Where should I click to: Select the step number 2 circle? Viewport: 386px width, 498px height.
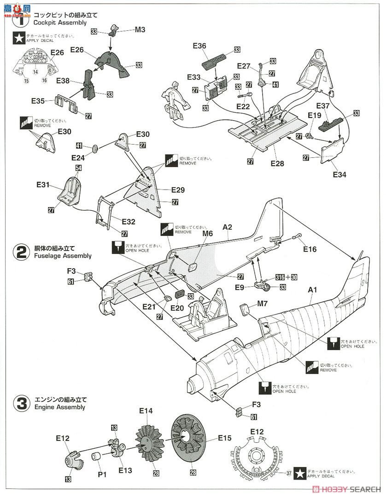(21, 252)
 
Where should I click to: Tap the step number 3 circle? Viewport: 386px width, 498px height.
(21, 404)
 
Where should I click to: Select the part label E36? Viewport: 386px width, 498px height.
(199, 46)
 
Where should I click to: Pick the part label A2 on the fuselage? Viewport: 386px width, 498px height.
(227, 227)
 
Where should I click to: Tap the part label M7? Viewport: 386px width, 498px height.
(262, 304)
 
